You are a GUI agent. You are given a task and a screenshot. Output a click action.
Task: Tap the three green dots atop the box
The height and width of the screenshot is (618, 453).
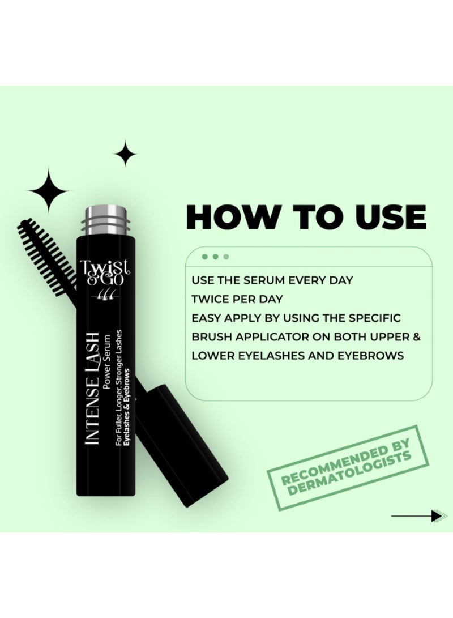pyautogui.click(x=216, y=257)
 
